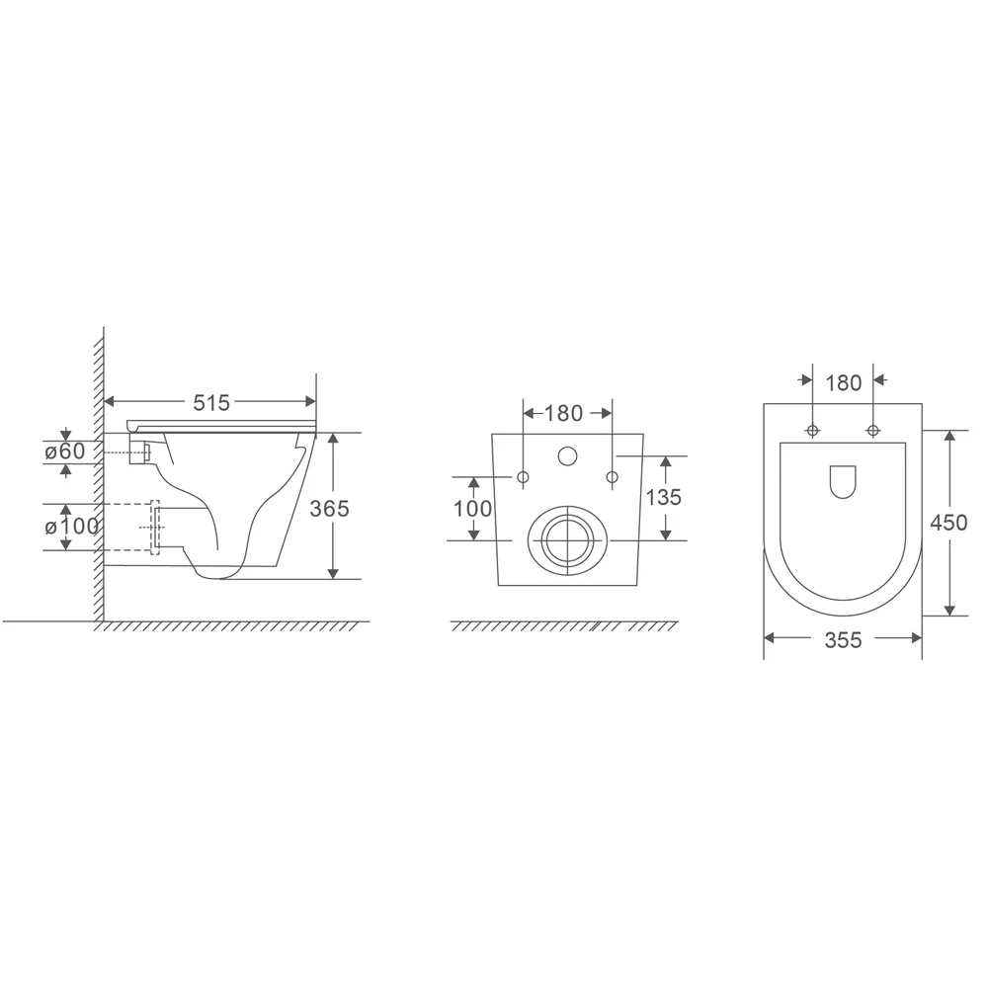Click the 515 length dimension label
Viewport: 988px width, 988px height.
[x=211, y=402]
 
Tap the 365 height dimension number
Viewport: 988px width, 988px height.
[x=329, y=508]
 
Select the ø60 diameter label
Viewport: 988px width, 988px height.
[x=65, y=452]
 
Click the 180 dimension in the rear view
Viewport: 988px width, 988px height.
[x=563, y=413]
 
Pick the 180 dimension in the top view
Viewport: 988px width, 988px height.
[x=843, y=382]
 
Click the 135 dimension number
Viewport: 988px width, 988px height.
[x=664, y=497]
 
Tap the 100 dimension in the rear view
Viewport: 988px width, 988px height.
[x=472, y=509]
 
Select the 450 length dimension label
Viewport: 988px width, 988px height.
[x=948, y=523]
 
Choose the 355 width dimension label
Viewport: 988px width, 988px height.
[x=843, y=640]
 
